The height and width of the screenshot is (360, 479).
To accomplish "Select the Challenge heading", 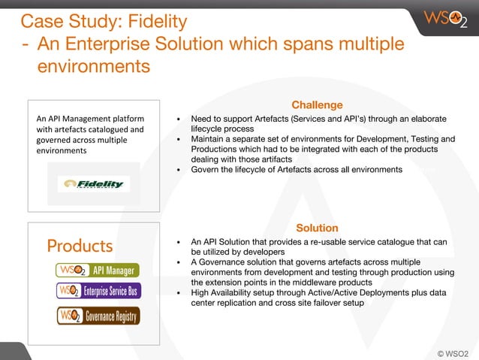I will [317, 105].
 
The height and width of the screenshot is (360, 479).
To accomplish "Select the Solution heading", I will [317, 228].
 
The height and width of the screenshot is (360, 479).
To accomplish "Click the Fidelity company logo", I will [94, 184].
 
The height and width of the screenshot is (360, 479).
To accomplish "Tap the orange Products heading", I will [80, 246].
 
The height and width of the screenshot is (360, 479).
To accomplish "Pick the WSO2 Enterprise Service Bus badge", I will [98, 291].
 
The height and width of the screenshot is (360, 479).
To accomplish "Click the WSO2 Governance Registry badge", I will [98, 316].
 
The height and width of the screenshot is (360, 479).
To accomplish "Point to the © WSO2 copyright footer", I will [452, 352].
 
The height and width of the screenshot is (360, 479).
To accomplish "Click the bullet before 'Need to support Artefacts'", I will [178, 119].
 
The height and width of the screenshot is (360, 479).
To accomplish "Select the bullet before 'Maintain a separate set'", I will [178, 140].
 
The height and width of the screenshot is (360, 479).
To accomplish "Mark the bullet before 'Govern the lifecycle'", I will [178, 170].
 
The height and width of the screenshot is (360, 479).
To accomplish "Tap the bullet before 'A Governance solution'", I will [178, 262].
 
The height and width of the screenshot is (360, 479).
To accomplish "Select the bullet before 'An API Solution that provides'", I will [178, 242].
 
